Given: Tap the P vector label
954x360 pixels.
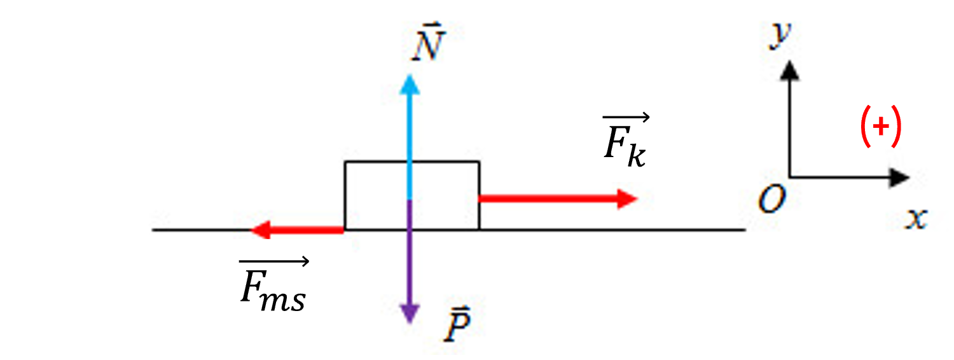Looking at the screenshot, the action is tap(457, 324).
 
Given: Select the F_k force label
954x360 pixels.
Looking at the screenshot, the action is tap(626, 141).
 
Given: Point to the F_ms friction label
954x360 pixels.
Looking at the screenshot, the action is tap(274, 284).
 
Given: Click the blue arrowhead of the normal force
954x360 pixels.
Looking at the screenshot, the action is tap(410, 85).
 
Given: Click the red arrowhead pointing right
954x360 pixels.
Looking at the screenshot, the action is tap(627, 198).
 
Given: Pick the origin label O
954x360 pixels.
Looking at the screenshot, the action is tap(771, 199).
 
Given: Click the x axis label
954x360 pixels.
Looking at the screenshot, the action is tap(916, 219).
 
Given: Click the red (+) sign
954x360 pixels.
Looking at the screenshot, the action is tap(881, 127).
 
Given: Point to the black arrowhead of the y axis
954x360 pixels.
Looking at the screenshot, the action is tap(790, 71).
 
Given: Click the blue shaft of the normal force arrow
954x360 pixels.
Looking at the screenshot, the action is tap(410, 148).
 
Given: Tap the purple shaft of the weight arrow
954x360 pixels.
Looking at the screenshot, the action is tap(410, 253).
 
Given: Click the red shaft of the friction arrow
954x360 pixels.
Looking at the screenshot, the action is tap(307, 230).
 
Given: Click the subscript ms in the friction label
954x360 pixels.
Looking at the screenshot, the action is tap(283, 299).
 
